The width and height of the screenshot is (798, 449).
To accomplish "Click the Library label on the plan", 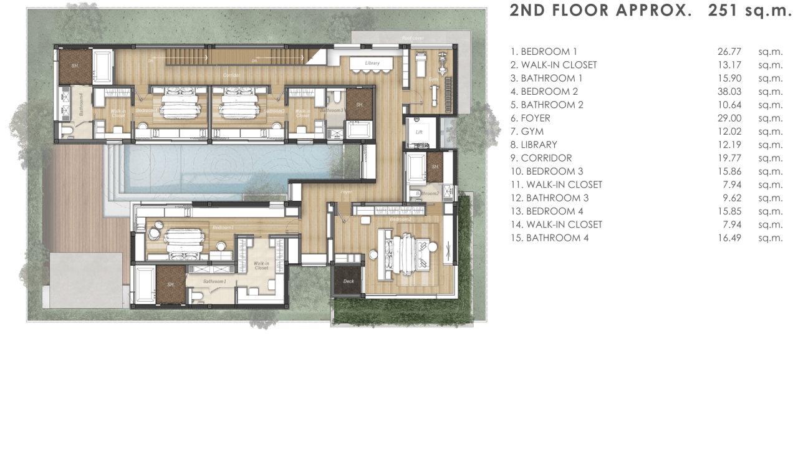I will (372, 63).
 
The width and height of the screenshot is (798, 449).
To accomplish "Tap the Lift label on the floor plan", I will (419, 132).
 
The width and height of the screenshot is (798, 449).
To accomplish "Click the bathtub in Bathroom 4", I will (103, 67).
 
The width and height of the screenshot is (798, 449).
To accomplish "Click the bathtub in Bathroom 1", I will (144, 285).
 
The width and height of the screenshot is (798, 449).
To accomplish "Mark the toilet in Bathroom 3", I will (335, 97).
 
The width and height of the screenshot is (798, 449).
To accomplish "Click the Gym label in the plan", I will (433, 79).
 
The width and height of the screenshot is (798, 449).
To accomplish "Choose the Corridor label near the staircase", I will (231, 75).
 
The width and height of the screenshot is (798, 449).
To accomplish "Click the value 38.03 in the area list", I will (729, 92).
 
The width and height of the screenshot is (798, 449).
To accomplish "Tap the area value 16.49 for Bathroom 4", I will (729, 238).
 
